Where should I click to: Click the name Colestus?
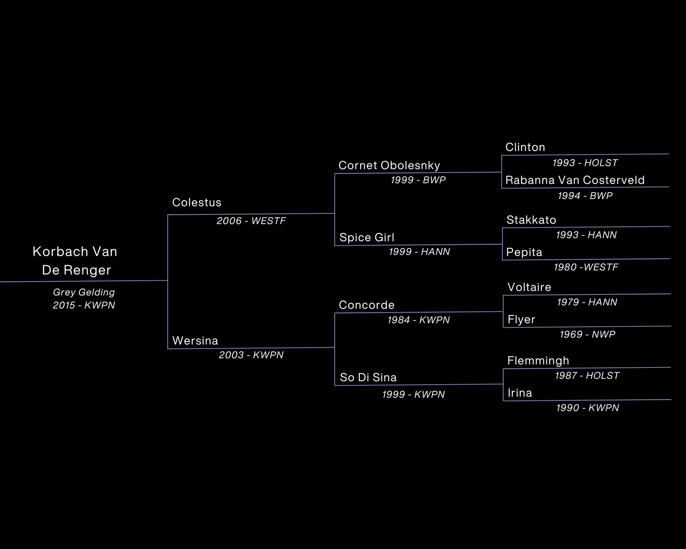(x=197, y=202)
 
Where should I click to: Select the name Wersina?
(x=195, y=341)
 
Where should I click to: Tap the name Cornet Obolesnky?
(x=389, y=165)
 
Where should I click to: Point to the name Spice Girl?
(x=367, y=237)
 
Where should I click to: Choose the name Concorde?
(x=366, y=305)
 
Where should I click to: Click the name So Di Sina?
(x=368, y=377)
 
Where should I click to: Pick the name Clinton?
(x=525, y=147)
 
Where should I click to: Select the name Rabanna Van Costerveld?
(x=575, y=180)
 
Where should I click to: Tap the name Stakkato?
(x=531, y=220)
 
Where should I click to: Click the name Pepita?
(x=524, y=253)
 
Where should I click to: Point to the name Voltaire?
(x=529, y=287)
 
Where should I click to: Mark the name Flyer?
(x=521, y=319)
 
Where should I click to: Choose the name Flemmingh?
(x=538, y=361)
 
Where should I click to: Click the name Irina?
(x=520, y=393)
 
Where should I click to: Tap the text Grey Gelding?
(x=84, y=292)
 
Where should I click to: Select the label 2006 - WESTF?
(x=251, y=221)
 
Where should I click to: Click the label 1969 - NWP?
(x=587, y=334)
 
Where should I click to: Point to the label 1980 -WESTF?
(x=586, y=267)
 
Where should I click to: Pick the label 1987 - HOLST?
(x=587, y=376)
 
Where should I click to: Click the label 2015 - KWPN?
(x=84, y=305)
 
